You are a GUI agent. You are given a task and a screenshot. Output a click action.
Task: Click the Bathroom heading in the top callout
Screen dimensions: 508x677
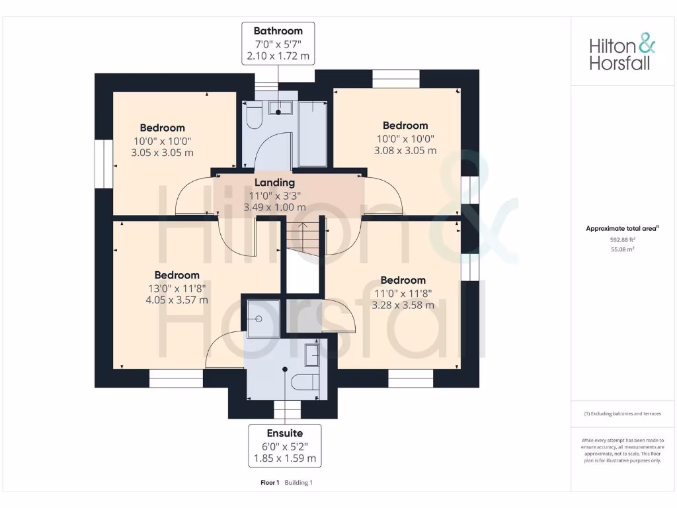[278, 31]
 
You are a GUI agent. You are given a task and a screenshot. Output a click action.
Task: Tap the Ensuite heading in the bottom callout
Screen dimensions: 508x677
[285, 433]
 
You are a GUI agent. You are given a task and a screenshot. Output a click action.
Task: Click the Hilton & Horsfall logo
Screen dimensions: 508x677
[622, 54]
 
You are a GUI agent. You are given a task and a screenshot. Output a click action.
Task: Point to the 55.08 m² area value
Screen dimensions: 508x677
[622, 250]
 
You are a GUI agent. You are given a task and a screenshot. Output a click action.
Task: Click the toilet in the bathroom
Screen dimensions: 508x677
[253, 117]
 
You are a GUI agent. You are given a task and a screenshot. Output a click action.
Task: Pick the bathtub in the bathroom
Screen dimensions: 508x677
[313, 134]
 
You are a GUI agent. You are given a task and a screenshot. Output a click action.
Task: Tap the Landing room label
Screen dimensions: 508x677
[275, 183]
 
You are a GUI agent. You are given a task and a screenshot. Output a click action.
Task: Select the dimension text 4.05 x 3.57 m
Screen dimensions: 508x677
[177, 300]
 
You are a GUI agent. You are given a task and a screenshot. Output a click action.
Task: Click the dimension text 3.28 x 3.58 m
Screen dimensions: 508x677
[403, 305]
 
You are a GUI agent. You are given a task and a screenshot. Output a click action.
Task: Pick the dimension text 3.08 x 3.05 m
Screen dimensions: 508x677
[405, 150]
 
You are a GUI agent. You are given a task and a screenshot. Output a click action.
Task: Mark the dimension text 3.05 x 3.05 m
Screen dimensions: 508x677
[162, 152]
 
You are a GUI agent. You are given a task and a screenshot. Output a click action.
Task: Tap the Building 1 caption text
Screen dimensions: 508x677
[299, 483]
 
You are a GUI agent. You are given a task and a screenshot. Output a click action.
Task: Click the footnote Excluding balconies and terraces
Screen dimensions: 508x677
[622, 413]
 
